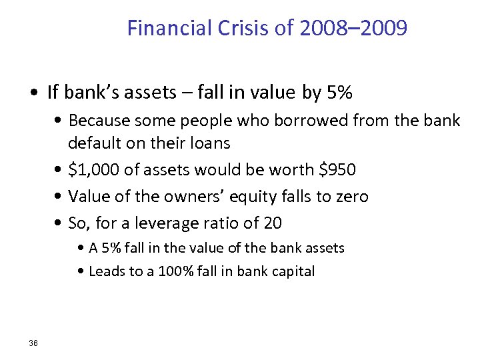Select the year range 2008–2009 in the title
click(353, 29)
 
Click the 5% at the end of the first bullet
click(338, 93)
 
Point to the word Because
click(99, 121)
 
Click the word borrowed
click(303, 121)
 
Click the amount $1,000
click(94, 170)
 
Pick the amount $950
click(337, 170)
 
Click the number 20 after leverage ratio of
click(273, 223)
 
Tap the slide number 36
click(33, 343)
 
